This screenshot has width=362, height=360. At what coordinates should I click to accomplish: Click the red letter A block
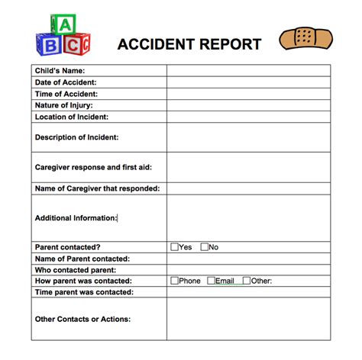click(66, 26)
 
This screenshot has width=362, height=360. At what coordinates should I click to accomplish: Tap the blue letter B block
click(51, 46)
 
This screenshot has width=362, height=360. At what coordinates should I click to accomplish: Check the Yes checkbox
click(175, 247)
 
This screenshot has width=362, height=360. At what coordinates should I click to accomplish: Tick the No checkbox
click(205, 247)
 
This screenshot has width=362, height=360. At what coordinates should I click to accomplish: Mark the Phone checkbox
click(175, 281)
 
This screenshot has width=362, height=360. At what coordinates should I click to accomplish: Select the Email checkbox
click(212, 281)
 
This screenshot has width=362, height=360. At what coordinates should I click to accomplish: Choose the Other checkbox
click(247, 281)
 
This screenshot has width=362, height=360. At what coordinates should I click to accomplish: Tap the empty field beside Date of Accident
click(248, 82)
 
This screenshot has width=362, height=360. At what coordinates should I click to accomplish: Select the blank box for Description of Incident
click(248, 137)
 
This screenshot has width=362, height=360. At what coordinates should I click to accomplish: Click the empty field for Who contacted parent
click(248, 270)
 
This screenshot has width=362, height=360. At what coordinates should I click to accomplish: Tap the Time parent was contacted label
click(84, 292)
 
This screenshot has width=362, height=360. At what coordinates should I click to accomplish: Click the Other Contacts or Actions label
click(82, 319)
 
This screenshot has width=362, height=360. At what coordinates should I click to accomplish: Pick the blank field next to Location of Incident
click(248, 117)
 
